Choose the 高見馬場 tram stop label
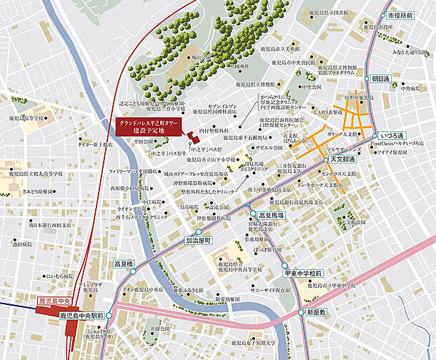[272, 214]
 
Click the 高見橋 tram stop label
[124, 264]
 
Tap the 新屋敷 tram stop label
[316, 313]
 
